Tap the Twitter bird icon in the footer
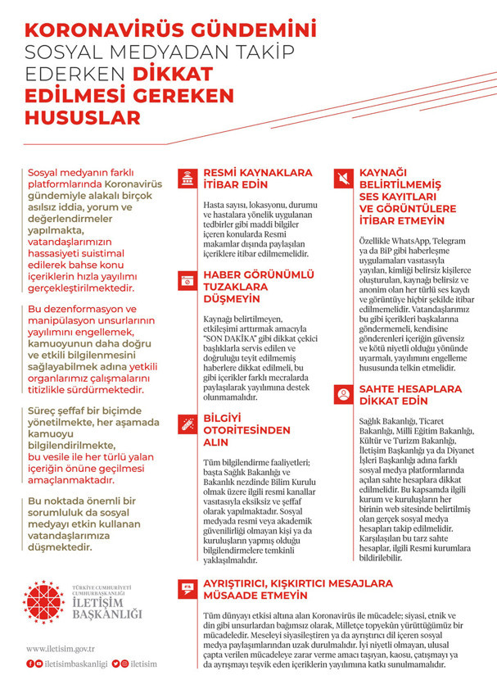[x=116, y=664]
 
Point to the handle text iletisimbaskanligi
[x=76, y=664]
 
